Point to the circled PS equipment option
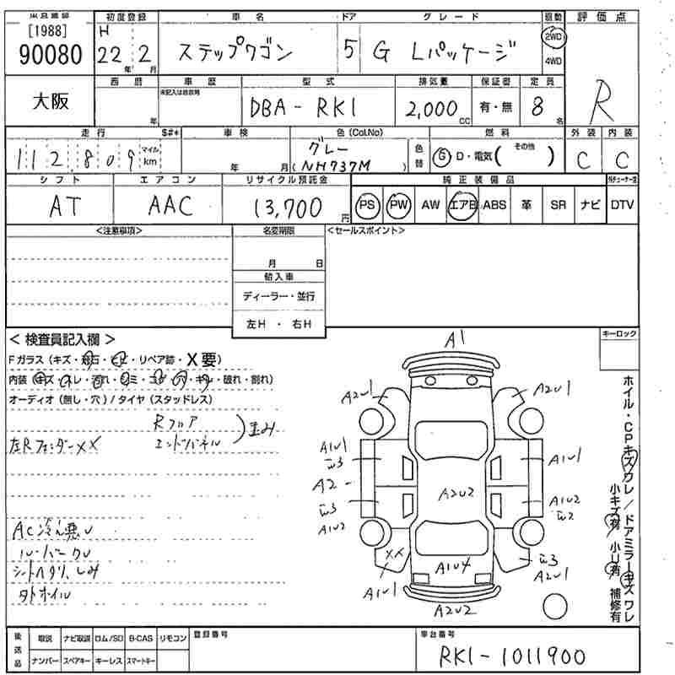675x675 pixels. pyautogui.click(x=367, y=205)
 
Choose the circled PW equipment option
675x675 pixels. pyautogui.click(x=397, y=205)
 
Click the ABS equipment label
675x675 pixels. pyautogui.click(x=494, y=205)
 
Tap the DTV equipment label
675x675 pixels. pyautogui.click(x=622, y=205)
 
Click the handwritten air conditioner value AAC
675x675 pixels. pyautogui.click(x=170, y=206)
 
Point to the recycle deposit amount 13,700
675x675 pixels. pyautogui.click(x=286, y=206)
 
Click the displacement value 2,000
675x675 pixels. pyautogui.click(x=430, y=108)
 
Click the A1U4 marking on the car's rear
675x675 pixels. pyautogui.click(x=453, y=565)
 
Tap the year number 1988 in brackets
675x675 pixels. pyautogui.click(x=43, y=31)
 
